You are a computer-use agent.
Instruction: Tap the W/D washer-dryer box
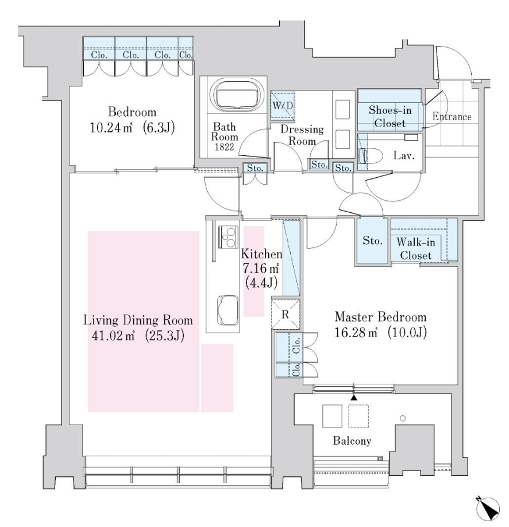point(283,105)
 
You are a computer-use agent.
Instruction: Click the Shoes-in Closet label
point(390,117)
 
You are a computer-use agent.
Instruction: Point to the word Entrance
point(452,117)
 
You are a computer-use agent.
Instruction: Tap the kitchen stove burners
point(228,237)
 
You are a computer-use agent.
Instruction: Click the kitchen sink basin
point(228,310)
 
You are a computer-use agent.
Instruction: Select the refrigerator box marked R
point(285,314)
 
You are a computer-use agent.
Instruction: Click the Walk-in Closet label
point(415,249)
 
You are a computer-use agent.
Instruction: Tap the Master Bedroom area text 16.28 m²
point(356,333)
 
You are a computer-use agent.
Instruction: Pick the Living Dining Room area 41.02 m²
point(113,336)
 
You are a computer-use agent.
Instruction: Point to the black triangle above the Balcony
point(354,398)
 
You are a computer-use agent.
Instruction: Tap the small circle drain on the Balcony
point(403,418)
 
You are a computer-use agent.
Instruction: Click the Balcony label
point(352,441)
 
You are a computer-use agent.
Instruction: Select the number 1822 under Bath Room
point(225,147)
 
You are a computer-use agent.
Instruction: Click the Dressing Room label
point(302,135)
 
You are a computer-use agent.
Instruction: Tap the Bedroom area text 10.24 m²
point(111,128)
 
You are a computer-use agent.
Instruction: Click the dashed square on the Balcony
point(358,416)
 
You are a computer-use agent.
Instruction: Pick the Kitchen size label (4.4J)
point(261,282)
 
